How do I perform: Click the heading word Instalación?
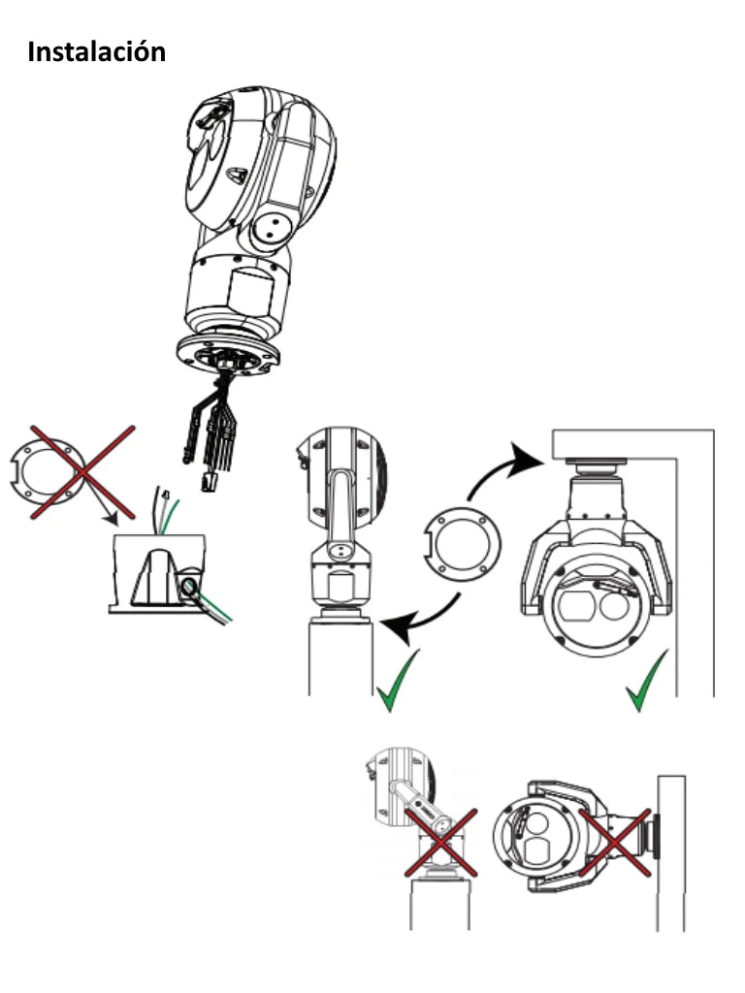tap(96, 51)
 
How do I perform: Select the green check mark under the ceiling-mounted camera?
tap(646, 683)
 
